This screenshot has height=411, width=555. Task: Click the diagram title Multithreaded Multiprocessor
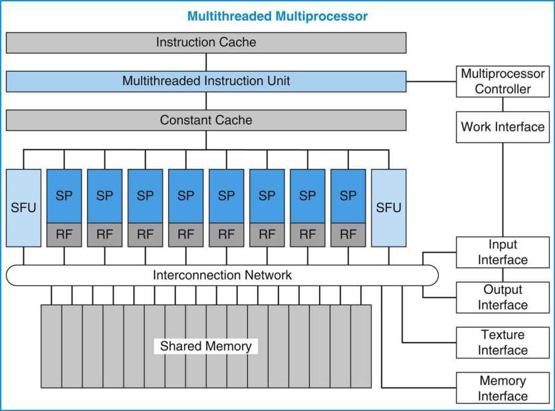coord(278,16)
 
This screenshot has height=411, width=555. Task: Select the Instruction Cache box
coord(206,43)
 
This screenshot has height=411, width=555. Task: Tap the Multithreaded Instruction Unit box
coord(206,81)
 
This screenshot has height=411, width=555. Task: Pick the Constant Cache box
coord(206,120)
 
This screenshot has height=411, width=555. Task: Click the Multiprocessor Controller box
coord(502,81)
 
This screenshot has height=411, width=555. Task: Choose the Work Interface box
coord(502,127)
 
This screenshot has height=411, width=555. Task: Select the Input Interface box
coord(502,253)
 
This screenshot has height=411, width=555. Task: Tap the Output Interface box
coord(502,297)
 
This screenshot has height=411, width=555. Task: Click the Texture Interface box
coord(502,342)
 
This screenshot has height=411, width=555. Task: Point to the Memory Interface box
coord(502,388)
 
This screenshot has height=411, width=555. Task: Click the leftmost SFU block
coord(23,207)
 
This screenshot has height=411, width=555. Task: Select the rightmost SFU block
coord(389,207)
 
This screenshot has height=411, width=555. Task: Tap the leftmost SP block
coord(64,196)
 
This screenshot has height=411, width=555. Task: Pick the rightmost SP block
coord(348,196)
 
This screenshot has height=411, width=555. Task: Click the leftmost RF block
coord(64,235)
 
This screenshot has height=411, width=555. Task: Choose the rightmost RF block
coord(348,235)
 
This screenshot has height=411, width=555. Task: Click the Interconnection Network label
coord(222,275)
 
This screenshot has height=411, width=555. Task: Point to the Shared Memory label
coord(205,346)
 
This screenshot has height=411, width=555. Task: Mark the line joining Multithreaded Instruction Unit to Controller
coord(431,81)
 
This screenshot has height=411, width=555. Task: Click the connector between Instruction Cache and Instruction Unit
coord(206,63)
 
